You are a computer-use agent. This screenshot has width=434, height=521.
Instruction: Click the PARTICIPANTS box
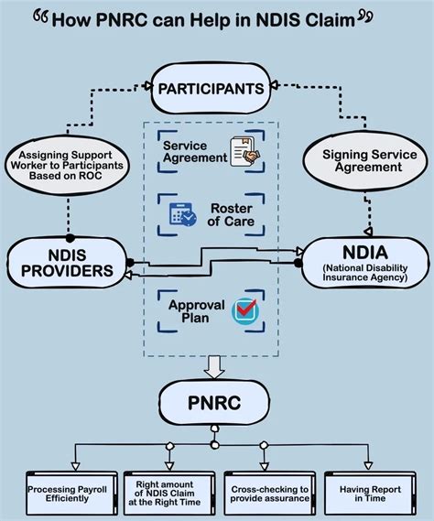pos(211,89)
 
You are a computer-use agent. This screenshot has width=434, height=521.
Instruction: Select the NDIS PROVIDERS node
pos(67,263)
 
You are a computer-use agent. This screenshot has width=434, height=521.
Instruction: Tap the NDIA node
pos(365,263)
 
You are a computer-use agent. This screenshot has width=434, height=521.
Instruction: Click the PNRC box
pos(214,402)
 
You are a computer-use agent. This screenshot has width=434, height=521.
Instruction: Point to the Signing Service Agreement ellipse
pos(365,160)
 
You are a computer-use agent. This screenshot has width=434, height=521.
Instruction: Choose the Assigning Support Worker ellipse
pos(67,165)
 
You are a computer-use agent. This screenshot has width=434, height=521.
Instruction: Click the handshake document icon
pos(244,151)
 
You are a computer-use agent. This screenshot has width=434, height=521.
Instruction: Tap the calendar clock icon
pos(182,214)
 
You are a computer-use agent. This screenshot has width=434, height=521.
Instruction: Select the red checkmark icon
pos(244,310)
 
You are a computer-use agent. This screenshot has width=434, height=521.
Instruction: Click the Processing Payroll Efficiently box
pos(71,494)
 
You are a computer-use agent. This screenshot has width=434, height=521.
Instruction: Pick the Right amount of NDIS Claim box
pos(169,494)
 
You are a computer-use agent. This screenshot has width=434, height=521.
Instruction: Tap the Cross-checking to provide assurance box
pos(269,494)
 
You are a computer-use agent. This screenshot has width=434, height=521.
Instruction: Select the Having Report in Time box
pos(370,494)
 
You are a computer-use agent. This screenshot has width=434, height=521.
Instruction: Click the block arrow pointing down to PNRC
pos(214,367)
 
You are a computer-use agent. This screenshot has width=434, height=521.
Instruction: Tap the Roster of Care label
pos(231,214)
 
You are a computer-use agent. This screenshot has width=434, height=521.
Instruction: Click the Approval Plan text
pos(196,311)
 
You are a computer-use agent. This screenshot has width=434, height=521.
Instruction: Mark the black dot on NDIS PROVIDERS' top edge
pos(70,238)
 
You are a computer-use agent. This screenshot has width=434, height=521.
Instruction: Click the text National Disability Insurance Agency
pos(365,273)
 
